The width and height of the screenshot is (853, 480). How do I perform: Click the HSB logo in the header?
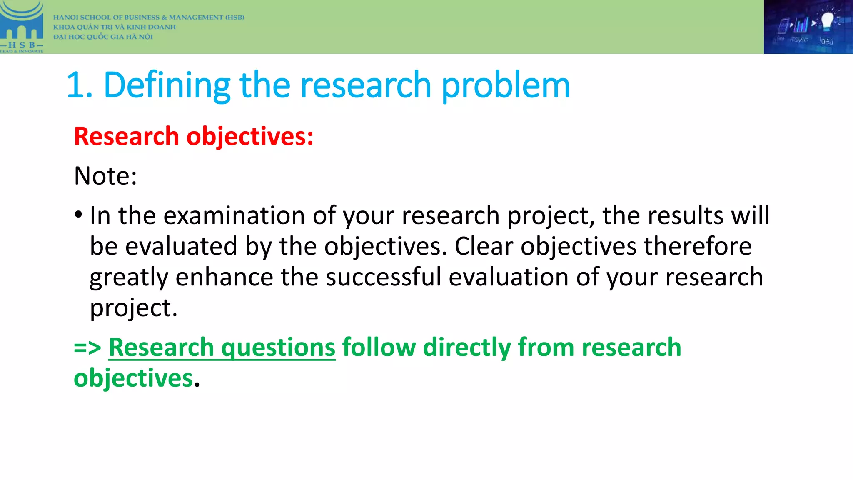[x=22, y=27]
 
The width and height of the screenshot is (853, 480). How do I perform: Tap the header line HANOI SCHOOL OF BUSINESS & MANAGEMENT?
[x=149, y=17]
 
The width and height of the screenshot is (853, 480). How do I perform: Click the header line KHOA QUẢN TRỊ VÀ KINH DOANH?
[x=115, y=27]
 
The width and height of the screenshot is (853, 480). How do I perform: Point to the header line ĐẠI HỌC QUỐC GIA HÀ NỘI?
[x=103, y=37]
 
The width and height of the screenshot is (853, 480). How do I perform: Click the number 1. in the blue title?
[x=80, y=85]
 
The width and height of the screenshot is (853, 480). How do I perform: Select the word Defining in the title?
[x=167, y=85]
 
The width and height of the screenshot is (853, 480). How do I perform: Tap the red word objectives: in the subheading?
[x=250, y=137]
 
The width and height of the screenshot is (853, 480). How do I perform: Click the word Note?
[x=105, y=176]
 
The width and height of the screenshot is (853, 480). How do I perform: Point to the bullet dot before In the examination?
[x=78, y=215]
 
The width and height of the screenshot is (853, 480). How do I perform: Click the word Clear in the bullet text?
[x=484, y=246]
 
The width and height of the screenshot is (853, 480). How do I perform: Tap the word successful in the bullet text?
[x=383, y=277]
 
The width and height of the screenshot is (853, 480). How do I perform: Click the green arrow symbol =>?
[x=87, y=347]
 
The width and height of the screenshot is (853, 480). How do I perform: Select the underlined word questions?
[x=278, y=348]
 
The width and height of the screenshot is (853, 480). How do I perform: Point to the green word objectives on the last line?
[x=133, y=378]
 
